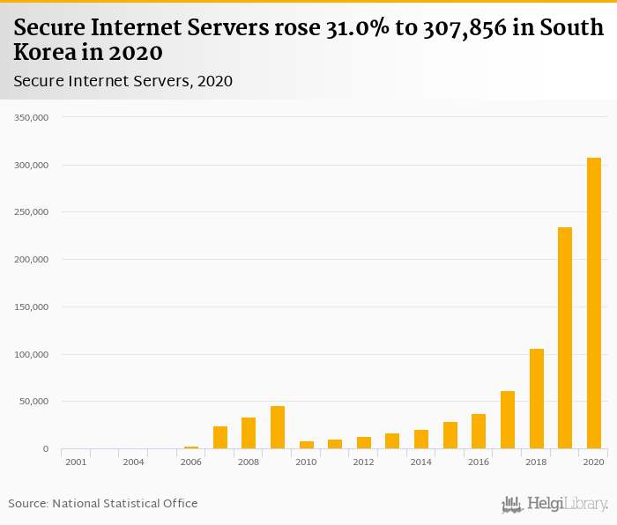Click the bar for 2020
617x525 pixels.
594,303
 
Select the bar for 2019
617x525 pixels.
565,338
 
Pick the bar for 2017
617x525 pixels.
508,420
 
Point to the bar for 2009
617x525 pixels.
278,427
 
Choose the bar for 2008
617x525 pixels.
249,433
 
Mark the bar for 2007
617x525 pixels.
220,438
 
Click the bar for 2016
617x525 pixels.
479,432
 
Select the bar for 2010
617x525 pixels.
306,445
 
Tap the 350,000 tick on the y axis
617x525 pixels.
32,117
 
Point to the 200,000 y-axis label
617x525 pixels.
32,260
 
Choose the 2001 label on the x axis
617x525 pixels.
76,462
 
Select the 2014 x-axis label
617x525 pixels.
421,462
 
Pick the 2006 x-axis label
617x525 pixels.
191,462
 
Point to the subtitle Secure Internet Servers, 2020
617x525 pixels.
123,81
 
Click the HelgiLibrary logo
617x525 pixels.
554,505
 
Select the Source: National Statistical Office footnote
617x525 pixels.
103,504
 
